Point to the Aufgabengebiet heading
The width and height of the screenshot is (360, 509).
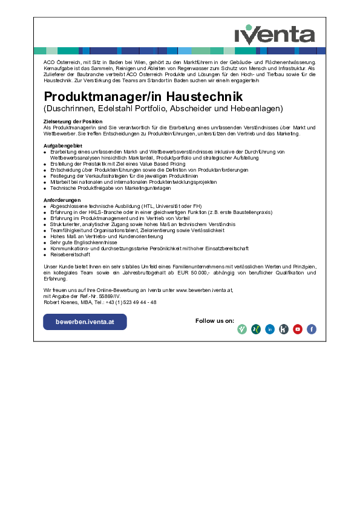(63, 146)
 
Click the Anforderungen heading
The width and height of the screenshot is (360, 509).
(62, 199)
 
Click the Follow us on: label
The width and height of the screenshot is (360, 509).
(215, 320)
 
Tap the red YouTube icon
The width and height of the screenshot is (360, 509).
(298, 329)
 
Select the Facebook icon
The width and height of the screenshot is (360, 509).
(312, 329)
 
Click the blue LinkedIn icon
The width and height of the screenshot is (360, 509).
(270, 329)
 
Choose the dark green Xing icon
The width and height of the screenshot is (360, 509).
(256, 329)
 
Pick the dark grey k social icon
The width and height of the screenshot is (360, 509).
(284, 329)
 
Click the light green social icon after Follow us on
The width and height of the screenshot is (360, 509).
(242, 329)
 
